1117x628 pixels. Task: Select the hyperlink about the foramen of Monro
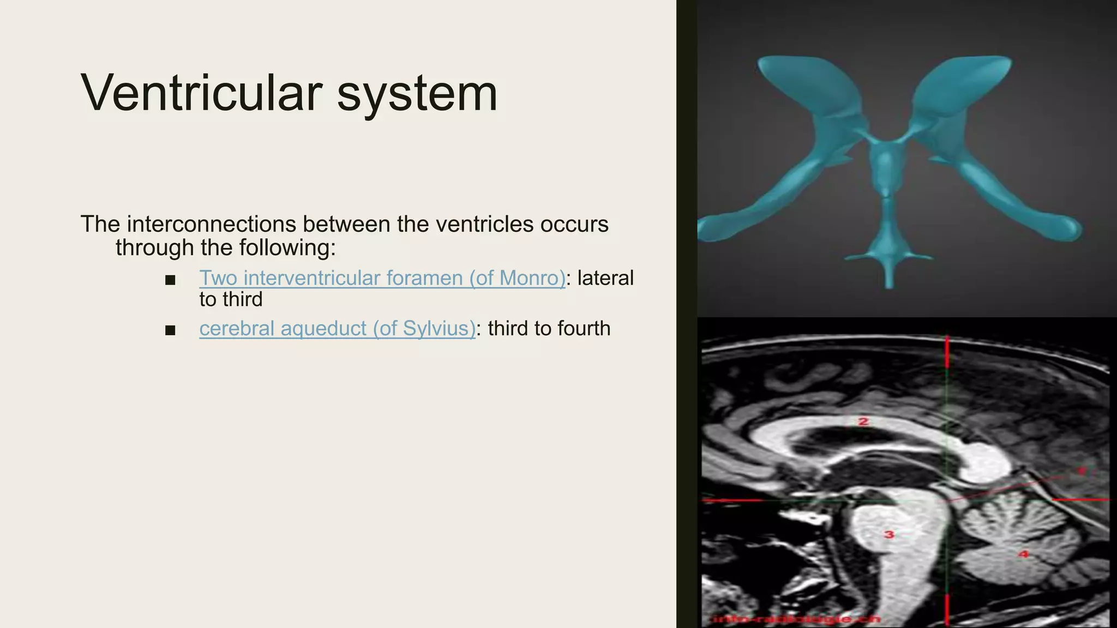382,278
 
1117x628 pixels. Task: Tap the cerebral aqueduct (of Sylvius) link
337,329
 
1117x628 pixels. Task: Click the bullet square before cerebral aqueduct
170,330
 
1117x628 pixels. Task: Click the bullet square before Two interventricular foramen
170,280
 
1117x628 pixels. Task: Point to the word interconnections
212,224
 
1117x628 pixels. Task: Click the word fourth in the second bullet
583,329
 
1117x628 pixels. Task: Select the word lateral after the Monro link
605,278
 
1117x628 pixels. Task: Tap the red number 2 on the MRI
863,421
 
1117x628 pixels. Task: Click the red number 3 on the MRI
890,534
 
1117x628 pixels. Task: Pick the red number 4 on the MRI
1024,554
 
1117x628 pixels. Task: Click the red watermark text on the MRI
797,619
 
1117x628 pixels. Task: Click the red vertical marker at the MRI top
947,352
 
